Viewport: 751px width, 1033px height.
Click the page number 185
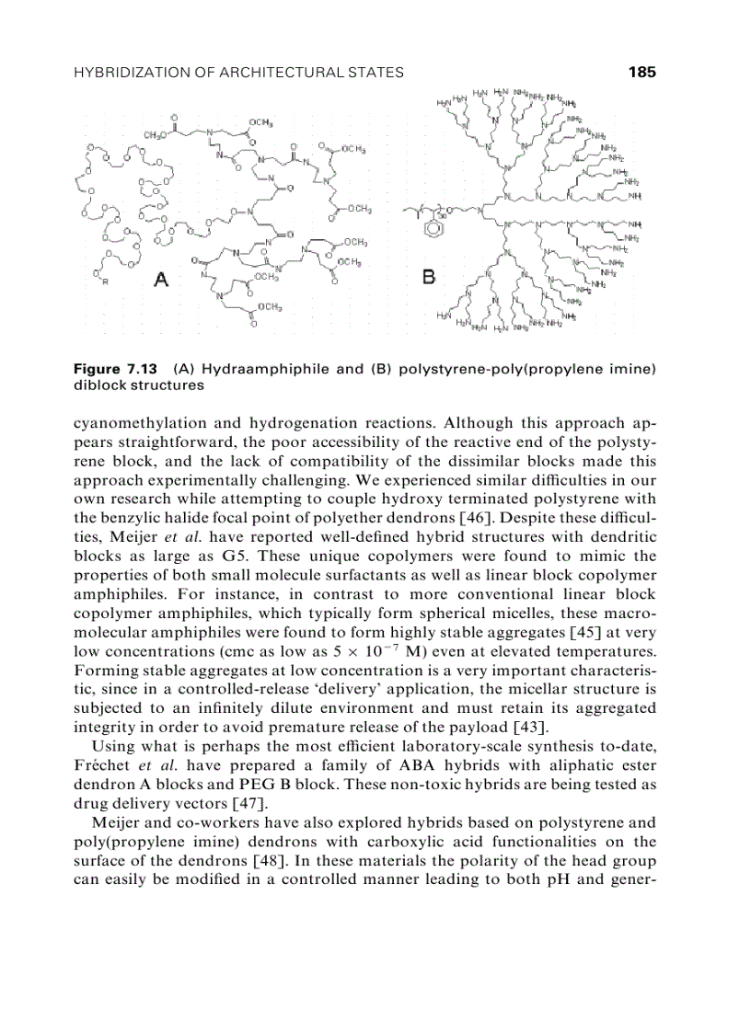click(642, 73)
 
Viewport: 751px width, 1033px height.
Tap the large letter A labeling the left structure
click(162, 280)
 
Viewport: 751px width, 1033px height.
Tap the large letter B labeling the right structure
click(429, 276)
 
